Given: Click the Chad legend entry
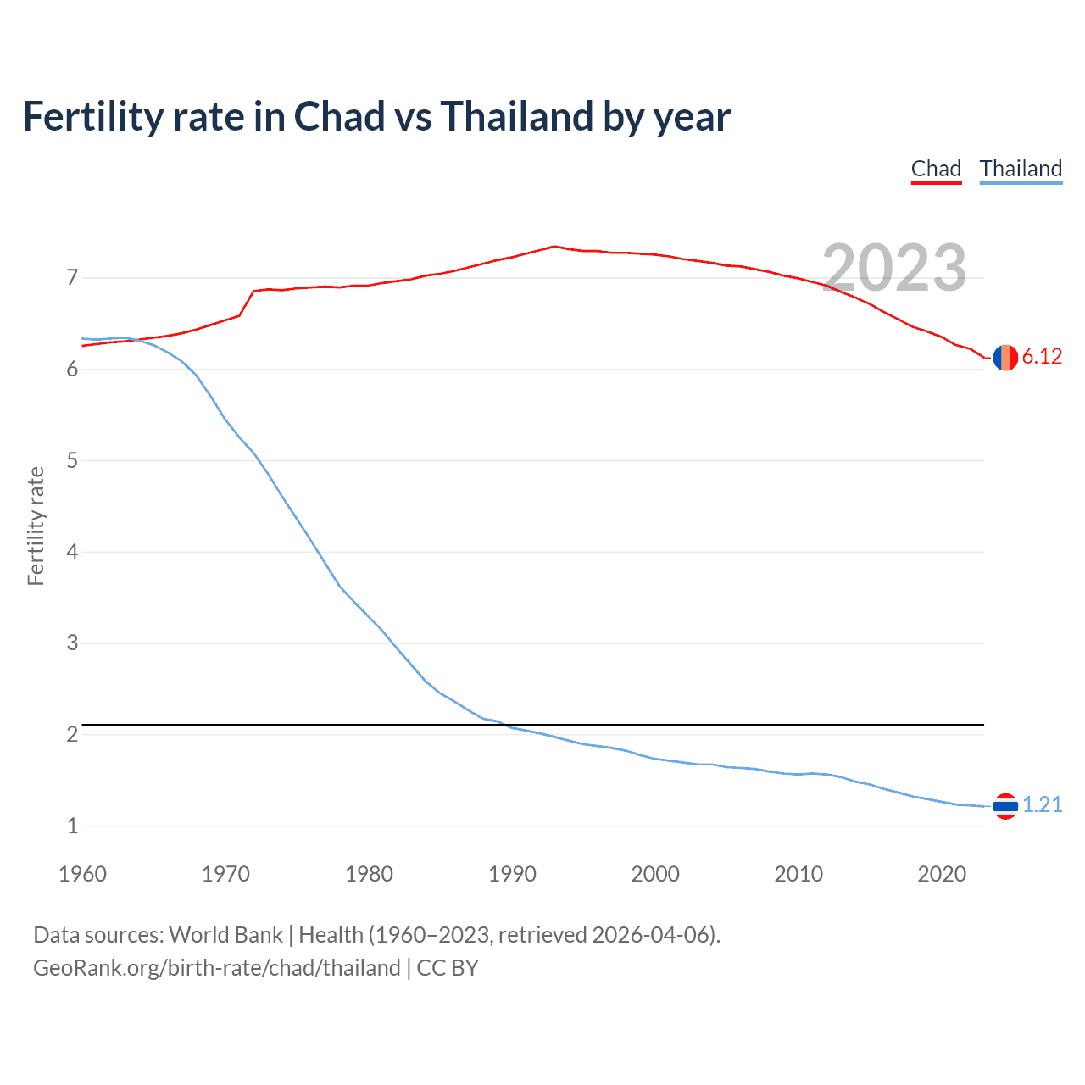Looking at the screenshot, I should [936, 169].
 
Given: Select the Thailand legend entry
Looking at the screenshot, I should [1021, 169].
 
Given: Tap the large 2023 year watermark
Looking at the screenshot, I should [894, 268].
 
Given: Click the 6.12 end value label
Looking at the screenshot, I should [1042, 357].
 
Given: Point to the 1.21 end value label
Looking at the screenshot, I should [1042, 805].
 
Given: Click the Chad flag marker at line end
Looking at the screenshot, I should [1005, 358].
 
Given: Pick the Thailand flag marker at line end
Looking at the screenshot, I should [1005, 806].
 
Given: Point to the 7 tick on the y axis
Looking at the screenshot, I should [72, 278].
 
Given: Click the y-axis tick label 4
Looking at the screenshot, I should [72, 552].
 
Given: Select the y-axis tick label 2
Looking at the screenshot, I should [72, 735].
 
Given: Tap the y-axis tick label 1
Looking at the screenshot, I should [72, 826].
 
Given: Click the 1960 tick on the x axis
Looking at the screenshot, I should [82, 874].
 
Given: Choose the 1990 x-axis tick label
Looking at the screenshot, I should [512, 874].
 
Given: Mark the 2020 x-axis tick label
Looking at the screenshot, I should [942, 874].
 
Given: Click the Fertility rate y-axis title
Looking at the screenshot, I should [36, 526].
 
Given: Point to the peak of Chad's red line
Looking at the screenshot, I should [554, 247].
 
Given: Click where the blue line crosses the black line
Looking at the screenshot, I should [505, 725].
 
